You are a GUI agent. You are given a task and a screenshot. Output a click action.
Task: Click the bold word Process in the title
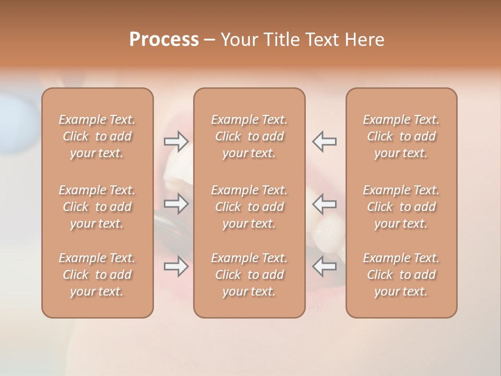pos(164,40)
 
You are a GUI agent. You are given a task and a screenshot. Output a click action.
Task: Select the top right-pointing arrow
pos(176,142)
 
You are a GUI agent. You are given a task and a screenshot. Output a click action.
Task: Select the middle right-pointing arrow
pos(176,204)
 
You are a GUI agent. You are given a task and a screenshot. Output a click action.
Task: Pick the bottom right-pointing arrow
pos(176,266)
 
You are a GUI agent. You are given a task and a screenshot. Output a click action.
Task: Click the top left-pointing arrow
pos(324,142)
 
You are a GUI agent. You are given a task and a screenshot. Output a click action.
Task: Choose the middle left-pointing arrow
pos(324,204)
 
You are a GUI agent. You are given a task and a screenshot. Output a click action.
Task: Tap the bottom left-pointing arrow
pos(324,266)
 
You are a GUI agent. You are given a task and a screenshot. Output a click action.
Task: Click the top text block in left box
pos(97,136)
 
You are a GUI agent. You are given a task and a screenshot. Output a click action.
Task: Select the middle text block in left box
pos(97,207)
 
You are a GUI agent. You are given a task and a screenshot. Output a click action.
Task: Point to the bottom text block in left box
pos(97,275)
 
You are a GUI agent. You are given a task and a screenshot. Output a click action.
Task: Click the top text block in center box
pos(249,136)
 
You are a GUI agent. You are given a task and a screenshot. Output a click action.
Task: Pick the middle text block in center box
pos(249,207)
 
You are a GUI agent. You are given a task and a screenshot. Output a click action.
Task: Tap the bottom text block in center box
pos(249,275)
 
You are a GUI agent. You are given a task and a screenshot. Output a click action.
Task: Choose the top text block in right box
pos(401,136)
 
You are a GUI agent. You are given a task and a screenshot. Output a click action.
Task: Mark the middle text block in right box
pos(401,207)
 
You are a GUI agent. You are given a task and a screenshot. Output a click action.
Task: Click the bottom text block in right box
pos(401,275)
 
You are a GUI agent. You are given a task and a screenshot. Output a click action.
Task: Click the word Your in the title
pos(237,40)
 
